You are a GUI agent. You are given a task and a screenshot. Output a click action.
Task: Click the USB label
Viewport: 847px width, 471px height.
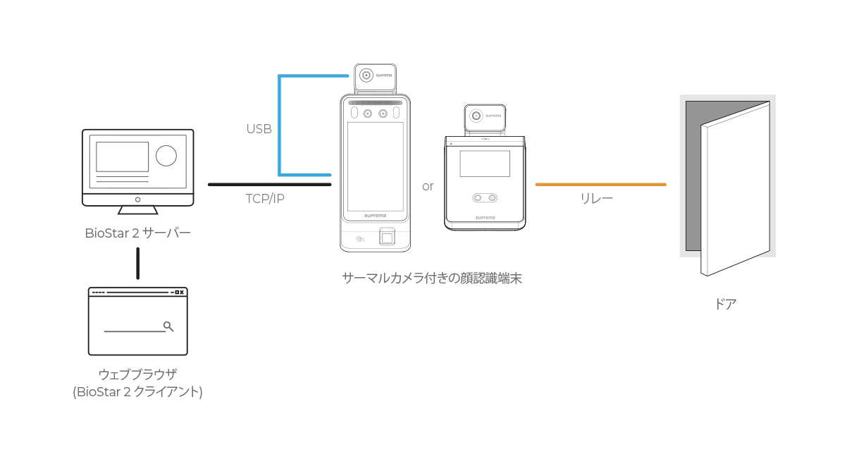click(x=259, y=129)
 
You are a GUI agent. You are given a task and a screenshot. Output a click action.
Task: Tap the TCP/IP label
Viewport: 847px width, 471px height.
click(x=265, y=199)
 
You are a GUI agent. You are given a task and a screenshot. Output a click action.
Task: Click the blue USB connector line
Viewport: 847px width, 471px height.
click(x=279, y=126)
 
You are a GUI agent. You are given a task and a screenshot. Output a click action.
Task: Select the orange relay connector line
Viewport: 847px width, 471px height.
click(x=601, y=185)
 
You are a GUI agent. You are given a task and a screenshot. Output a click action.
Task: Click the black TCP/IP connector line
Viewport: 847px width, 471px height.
click(x=270, y=185)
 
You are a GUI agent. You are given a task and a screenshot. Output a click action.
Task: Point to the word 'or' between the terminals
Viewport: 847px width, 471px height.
click(x=428, y=187)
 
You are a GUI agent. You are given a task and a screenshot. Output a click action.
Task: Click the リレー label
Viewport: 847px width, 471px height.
click(x=596, y=198)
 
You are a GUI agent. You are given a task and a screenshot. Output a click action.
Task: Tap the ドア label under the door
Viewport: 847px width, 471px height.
click(x=725, y=304)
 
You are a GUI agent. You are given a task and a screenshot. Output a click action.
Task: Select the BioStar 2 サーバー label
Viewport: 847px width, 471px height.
click(x=137, y=233)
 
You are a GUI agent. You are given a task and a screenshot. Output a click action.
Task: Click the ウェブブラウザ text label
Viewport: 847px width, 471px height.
click(x=137, y=374)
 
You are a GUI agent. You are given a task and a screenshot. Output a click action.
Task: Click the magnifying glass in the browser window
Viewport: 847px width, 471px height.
click(x=168, y=326)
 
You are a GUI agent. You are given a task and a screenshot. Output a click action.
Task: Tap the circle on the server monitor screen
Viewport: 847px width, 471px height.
click(x=166, y=156)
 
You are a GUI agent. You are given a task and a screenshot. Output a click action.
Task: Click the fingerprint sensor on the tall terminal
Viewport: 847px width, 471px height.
click(x=387, y=237)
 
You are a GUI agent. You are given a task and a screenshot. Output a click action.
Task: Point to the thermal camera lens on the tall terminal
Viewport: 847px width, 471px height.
click(x=366, y=75)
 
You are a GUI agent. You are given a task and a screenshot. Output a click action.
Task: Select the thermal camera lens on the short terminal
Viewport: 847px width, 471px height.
click(x=476, y=116)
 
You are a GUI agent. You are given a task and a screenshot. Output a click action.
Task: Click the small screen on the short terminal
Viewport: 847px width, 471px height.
click(x=485, y=164)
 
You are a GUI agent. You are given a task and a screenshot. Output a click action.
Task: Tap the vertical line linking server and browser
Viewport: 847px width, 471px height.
click(x=137, y=263)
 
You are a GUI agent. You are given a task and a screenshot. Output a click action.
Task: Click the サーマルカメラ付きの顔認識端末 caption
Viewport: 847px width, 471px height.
click(x=432, y=279)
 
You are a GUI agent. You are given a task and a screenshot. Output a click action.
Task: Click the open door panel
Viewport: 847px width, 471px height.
click(x=735, y=189)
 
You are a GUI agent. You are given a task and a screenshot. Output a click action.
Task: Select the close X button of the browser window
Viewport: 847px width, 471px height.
click(x=182, y=292)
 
